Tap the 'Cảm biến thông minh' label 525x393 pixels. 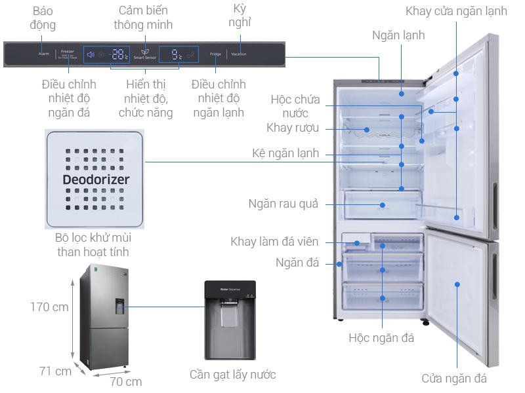[143, 18]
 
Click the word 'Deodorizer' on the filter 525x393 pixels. [96, 179]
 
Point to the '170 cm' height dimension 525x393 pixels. [51, 307]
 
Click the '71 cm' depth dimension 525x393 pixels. [55, 371]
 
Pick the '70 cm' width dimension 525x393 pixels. [125, 381]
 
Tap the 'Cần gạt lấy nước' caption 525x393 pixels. [232, 375]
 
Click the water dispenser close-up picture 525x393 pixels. [230, 320]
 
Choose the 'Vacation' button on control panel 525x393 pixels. [238, 54]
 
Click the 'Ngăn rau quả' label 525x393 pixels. [283, 204]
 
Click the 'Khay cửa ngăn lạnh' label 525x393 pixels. [456, 11]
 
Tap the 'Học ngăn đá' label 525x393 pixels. [381, 339]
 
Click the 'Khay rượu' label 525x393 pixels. [293, 127]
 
